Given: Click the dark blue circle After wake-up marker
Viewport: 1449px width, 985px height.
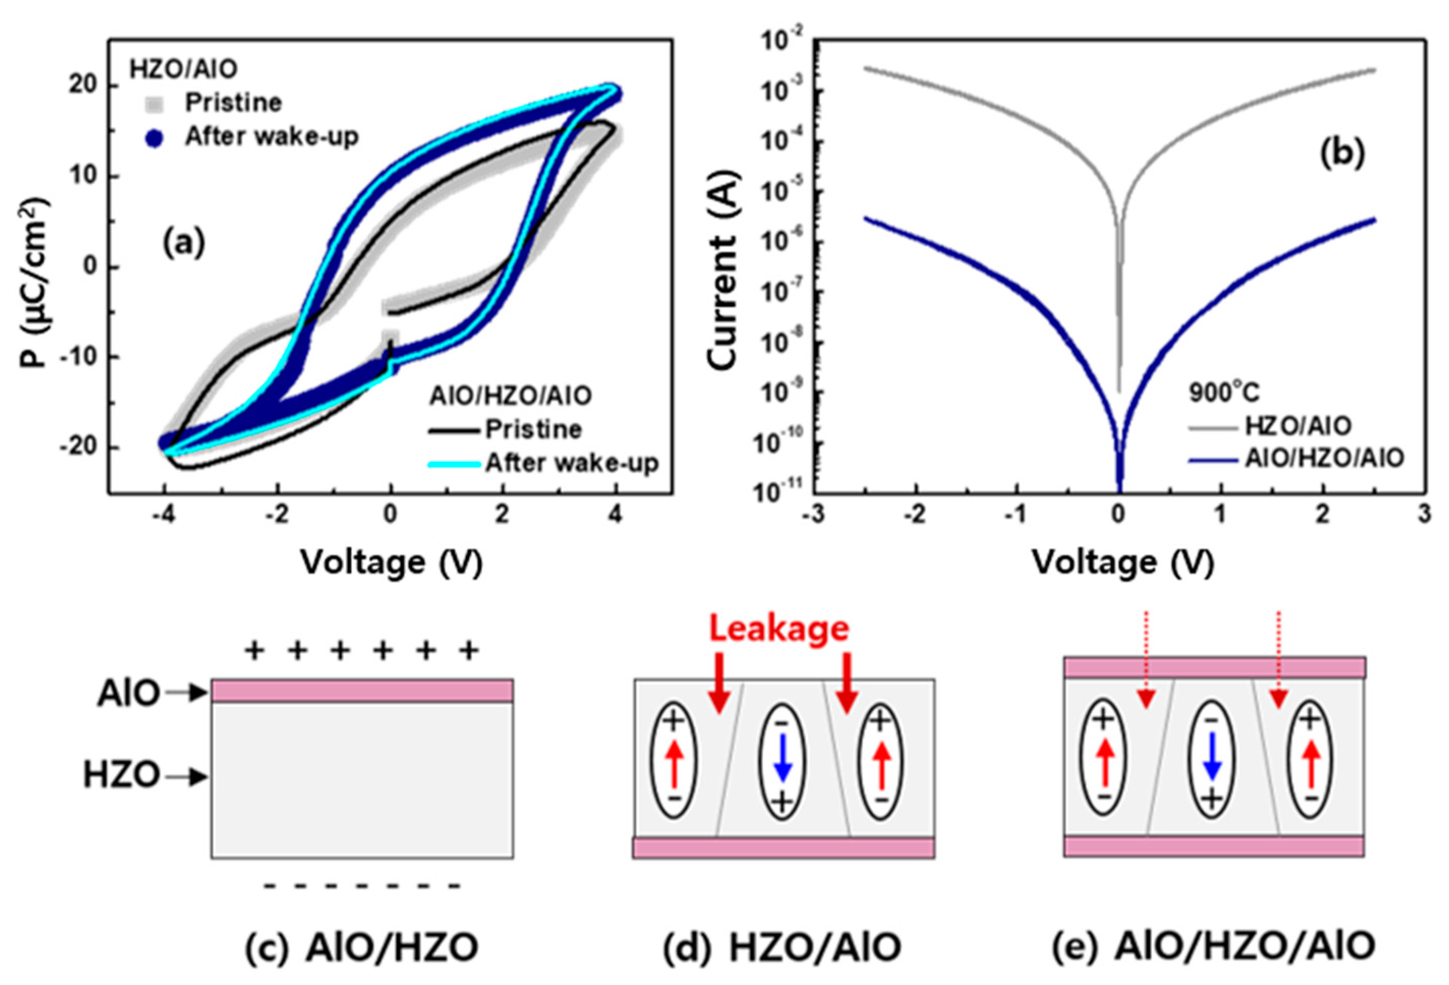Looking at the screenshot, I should coord(153,138).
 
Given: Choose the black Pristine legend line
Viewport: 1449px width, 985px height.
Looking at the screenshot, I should coord(454,430).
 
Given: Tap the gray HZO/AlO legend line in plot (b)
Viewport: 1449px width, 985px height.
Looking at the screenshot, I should coord(1213,427).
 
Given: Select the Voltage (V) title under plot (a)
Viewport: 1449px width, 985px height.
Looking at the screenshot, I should coord(392,562).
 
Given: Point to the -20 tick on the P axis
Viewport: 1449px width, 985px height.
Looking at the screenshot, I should coord(78,447).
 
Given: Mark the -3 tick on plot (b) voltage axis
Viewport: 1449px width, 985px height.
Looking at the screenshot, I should coord(814,516).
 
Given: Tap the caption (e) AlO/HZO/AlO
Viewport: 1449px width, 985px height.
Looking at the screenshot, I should coord(1213,946).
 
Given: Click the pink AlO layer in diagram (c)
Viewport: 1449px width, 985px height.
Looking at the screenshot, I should coord(362,690).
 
